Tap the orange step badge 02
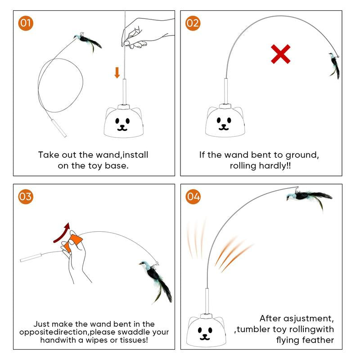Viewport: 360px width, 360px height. point(193,23)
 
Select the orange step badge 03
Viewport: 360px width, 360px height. point(25,196)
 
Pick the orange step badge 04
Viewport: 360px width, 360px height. point(193,197)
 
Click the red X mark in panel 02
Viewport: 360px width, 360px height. point(280,54)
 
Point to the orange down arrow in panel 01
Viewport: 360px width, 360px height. point(117,72)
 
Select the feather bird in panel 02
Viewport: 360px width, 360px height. point(334,64)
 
